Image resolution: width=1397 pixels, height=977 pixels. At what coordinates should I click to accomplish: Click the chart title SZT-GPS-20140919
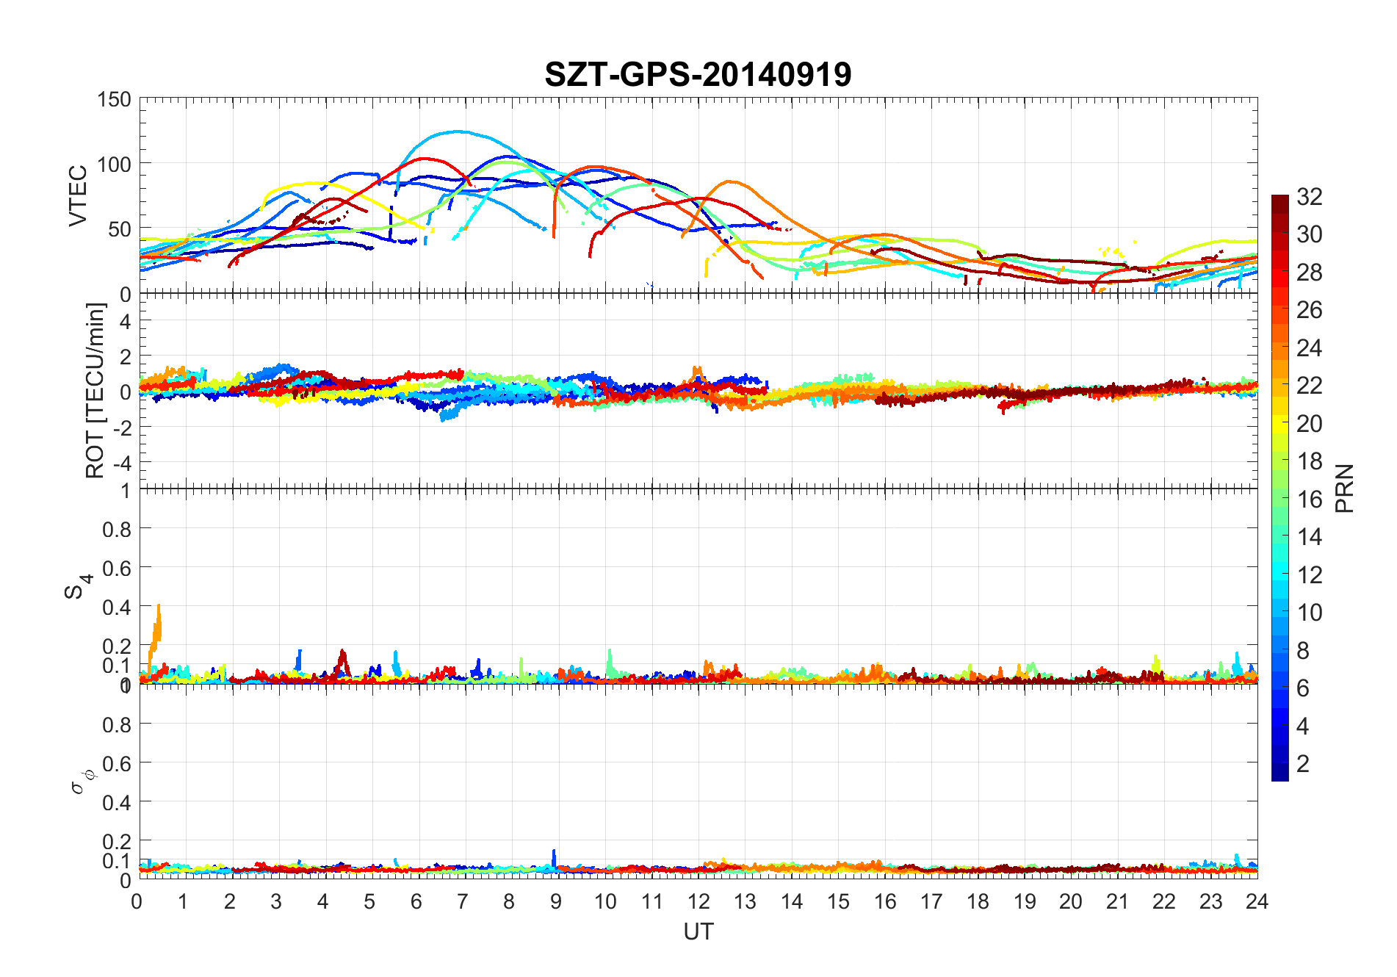[x=698, y=74]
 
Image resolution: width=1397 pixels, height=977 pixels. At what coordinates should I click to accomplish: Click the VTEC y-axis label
[x=78, y=195]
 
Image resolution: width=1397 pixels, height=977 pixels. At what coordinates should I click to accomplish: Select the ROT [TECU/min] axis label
[x=95, y=391]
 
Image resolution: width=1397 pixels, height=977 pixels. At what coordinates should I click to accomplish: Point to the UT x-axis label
[x=698, y=932]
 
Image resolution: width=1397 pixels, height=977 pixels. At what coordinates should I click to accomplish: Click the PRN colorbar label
[x=1345, y=488]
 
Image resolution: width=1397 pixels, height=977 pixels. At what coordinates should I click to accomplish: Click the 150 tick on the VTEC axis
[x=114, y=99]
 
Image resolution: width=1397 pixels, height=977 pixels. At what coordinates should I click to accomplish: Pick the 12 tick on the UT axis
[x=698, y=901]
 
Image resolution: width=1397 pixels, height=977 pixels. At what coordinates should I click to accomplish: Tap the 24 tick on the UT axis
[x=1257, y=901]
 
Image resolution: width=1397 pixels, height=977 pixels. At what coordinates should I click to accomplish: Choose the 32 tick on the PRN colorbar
[x=1310, y=196]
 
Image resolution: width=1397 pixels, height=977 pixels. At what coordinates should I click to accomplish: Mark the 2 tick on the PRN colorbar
[x=1303, y=763]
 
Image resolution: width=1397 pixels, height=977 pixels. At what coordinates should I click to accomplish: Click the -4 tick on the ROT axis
[x=122, y=463]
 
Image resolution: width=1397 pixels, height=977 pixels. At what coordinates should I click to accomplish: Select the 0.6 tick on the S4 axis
[x=118, y=568]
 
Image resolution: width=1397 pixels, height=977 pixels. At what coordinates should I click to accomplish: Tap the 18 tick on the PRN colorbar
[x=1310, y=461]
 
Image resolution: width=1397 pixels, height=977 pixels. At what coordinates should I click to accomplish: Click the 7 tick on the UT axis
[x=463, y=901]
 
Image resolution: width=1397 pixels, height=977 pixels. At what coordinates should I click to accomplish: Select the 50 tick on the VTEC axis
[x=119, y=229]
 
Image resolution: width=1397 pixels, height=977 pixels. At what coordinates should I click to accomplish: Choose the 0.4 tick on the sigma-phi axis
[x=118, y=802]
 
